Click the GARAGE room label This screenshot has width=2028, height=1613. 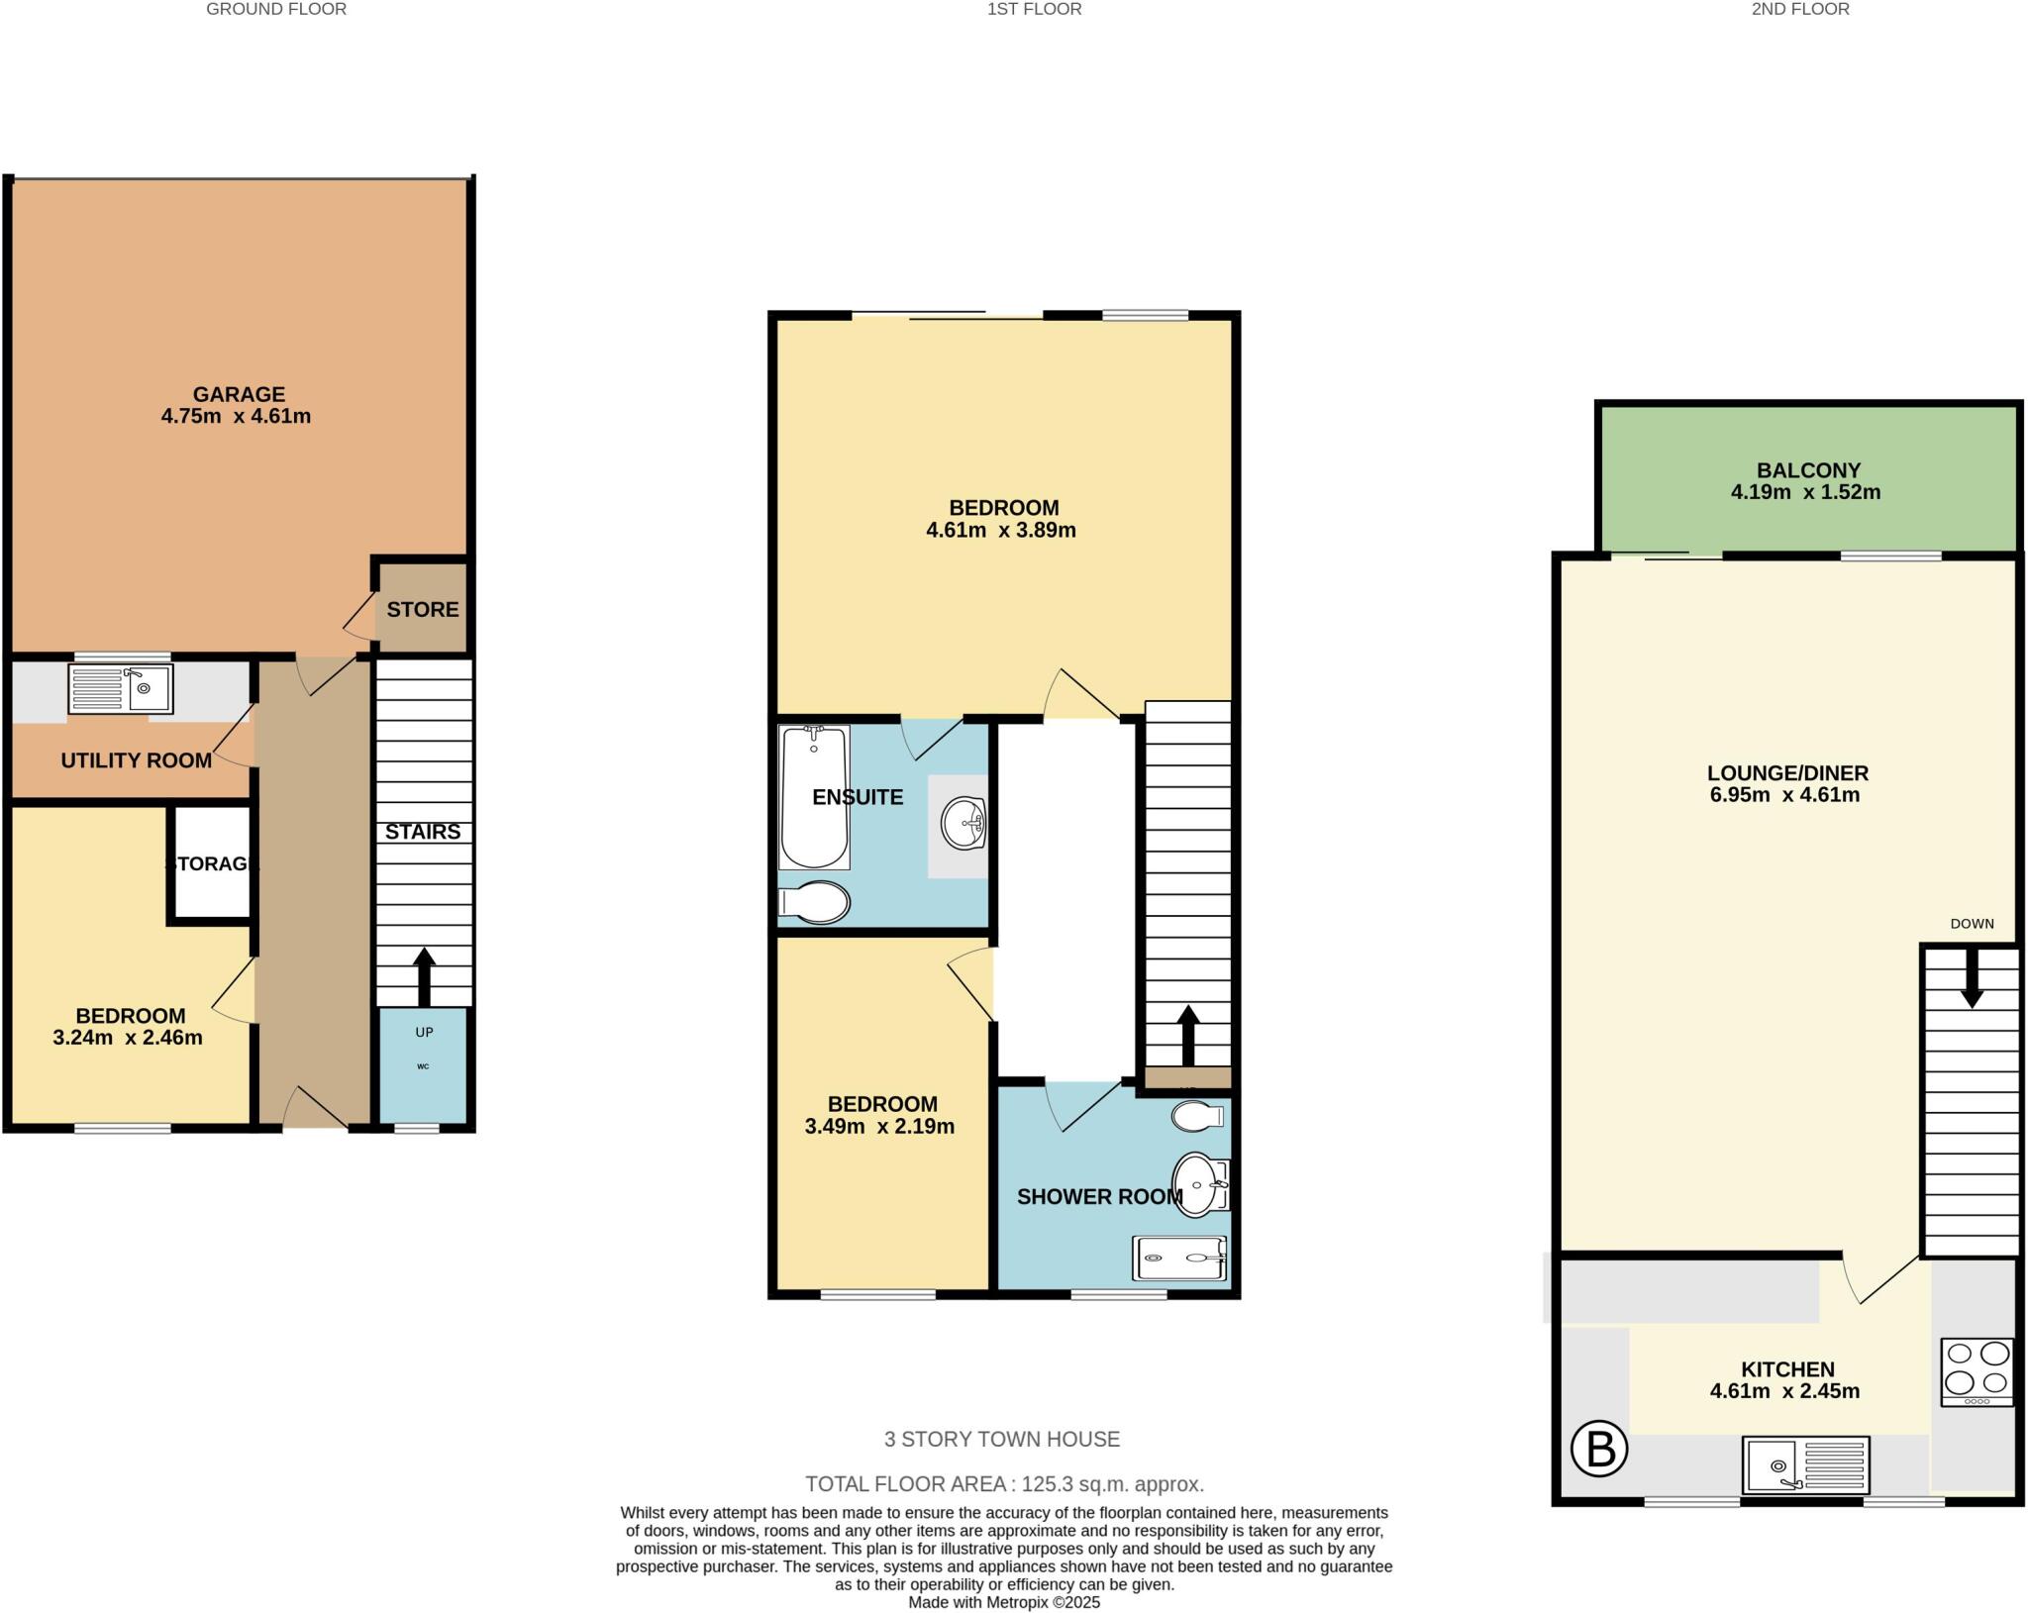(x=238, y=394)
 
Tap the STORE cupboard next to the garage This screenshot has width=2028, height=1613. (x=423, y=609)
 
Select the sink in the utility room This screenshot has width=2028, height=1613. (x=121, y=688)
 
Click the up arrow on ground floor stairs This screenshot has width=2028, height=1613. (x=424, y=975)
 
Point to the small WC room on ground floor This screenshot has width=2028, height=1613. (x=424, y=1064)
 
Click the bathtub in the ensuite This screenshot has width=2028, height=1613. (x=814, y=797)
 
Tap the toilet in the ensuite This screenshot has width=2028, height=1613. (x=815, y=902)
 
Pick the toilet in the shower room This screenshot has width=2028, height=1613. (x=1197, y=1117)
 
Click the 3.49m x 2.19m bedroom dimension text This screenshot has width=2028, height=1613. (x=879, y=1127)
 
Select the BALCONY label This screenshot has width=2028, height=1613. (x=1808, y=470)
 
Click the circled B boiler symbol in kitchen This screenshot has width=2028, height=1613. (x=1599, y=1449)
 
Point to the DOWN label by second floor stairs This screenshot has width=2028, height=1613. (x=1972, y=924)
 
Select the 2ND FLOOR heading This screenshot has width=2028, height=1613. (x=1800, y=9)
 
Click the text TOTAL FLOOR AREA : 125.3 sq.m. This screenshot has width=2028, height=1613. (x=1004, y=1484)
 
